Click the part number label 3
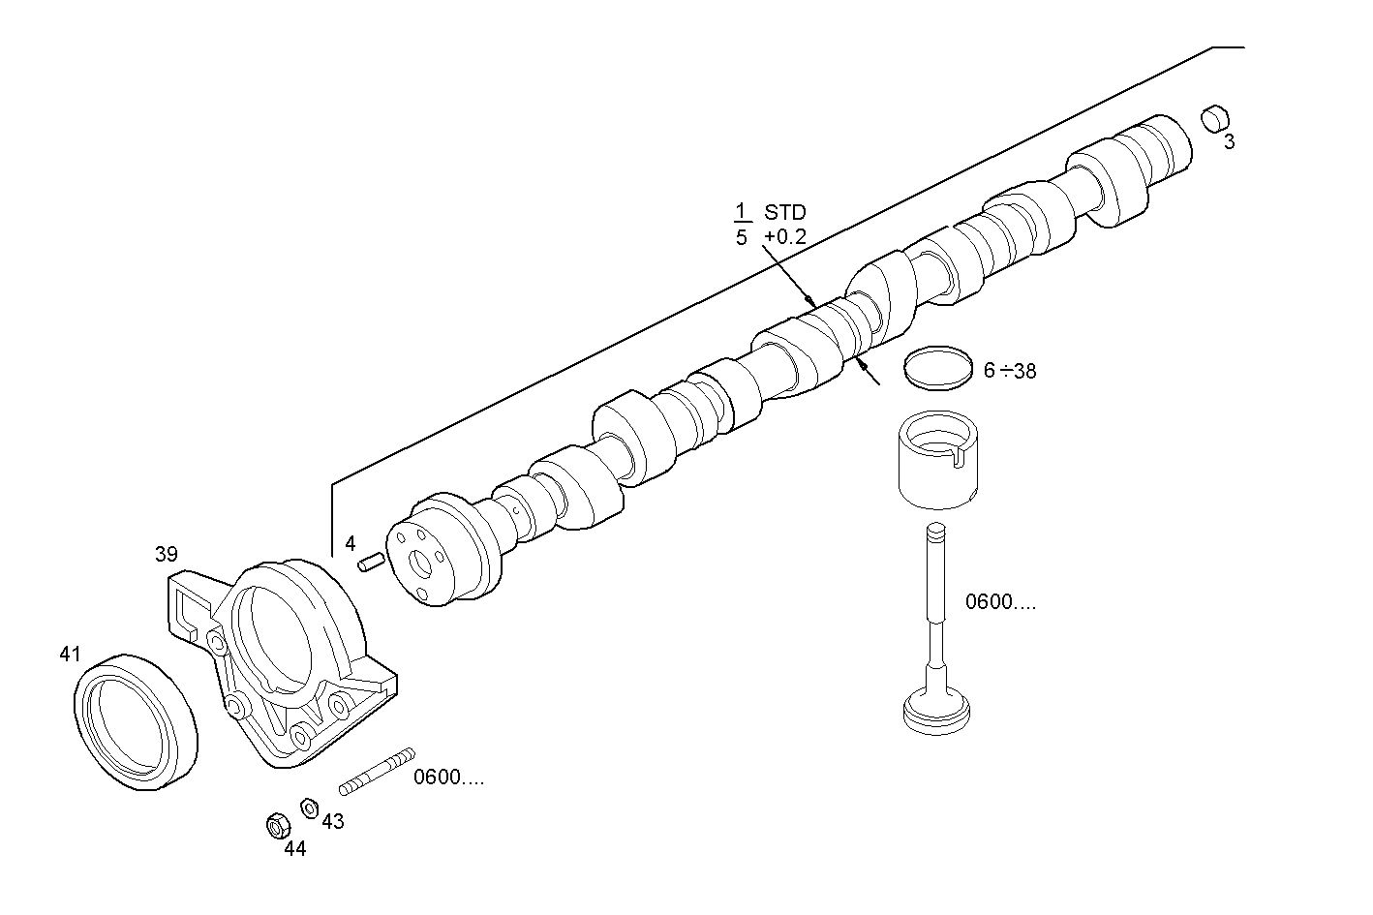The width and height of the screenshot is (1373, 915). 1229,142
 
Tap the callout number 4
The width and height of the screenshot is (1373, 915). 351,544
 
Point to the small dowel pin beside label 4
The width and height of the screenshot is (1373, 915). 372,562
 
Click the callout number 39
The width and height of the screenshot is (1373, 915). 167,554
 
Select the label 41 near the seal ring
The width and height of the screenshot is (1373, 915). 70,655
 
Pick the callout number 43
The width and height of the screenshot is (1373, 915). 332,821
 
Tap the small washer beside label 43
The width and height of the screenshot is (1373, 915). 310,806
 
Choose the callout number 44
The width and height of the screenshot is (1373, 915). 294,848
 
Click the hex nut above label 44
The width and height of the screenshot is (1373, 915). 277,826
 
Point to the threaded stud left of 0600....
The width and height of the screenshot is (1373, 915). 377,771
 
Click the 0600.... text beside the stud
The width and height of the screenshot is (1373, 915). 449,778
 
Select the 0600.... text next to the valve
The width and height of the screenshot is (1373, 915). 1000,602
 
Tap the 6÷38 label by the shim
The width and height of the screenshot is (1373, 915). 1010,370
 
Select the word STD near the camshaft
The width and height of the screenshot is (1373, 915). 784,212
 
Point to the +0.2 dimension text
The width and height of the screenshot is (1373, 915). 784,236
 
